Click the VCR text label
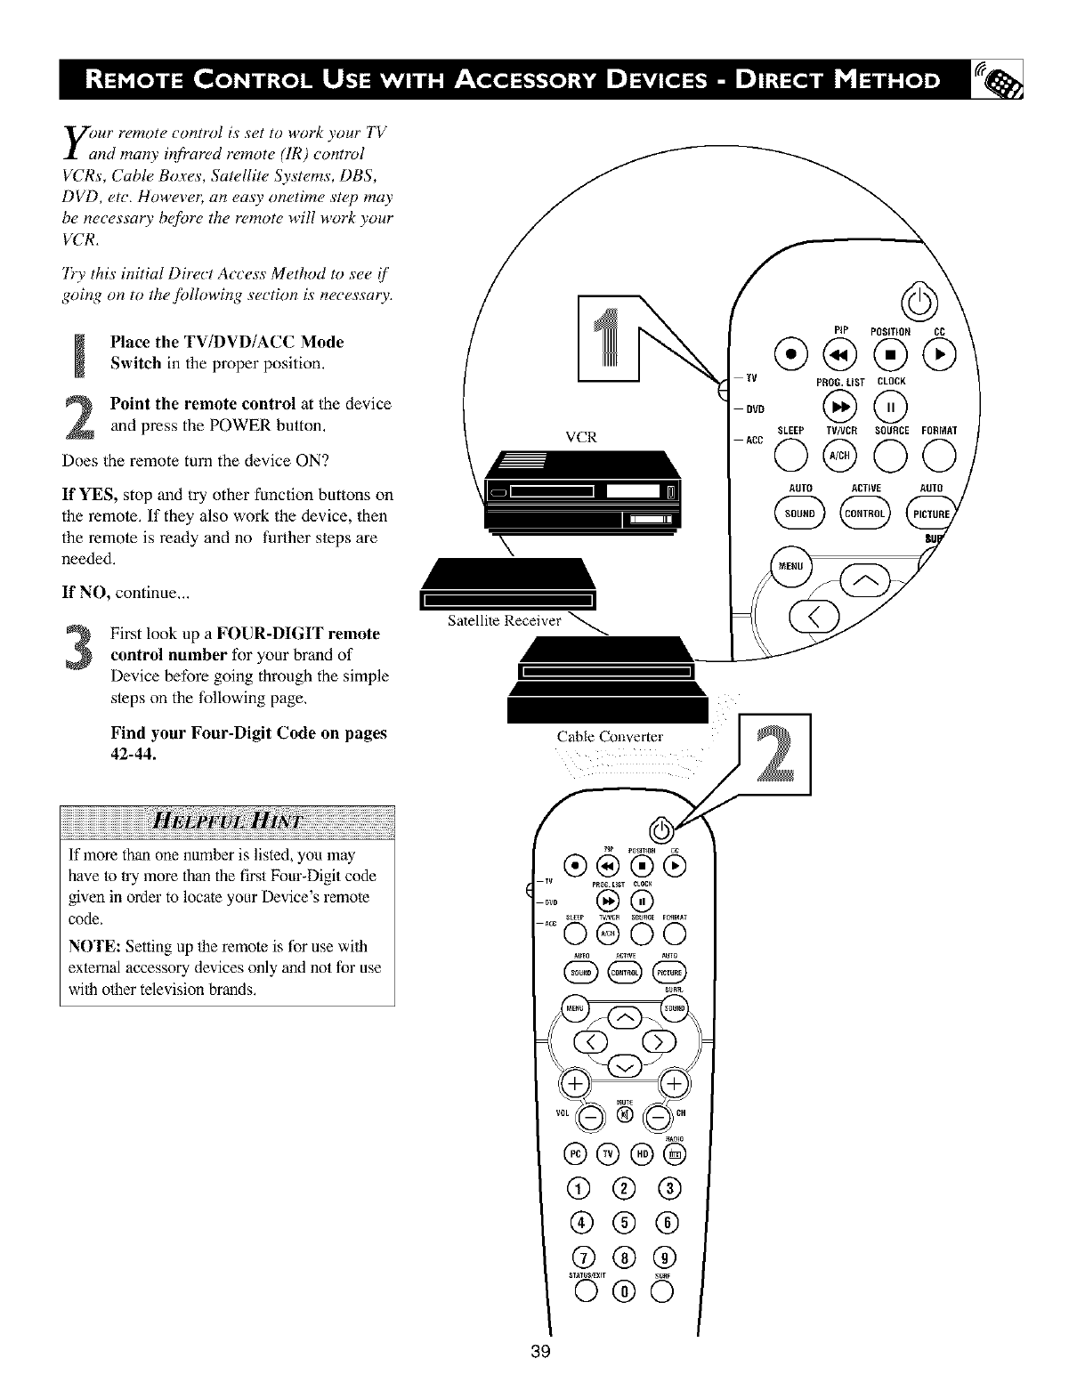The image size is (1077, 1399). click(580, 437)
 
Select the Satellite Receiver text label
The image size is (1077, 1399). click(504, 620)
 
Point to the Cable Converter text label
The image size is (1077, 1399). click(610, 736)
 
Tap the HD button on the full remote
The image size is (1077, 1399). click(640, 1154)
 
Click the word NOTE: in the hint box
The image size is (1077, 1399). click(95, 946)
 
